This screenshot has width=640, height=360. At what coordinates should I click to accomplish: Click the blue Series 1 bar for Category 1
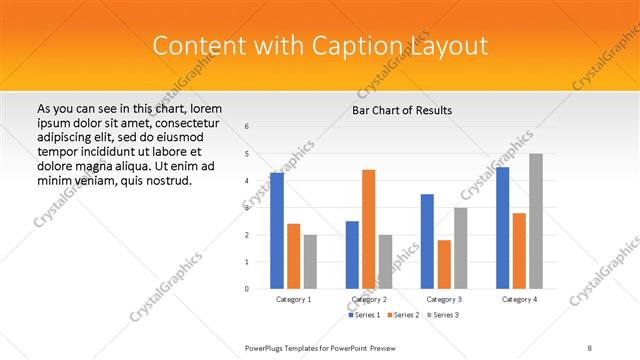tap(277, 231)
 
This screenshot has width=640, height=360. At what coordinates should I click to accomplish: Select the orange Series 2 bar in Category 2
tap(368, 229)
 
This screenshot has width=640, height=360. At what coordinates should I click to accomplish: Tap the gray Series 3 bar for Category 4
tap(536, 221)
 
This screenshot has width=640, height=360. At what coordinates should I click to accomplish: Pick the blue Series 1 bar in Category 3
tap(427, 241)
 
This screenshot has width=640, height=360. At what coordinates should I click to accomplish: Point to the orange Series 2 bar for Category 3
tap(444, 264)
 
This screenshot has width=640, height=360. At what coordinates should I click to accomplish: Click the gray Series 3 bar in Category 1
tap(310, 261)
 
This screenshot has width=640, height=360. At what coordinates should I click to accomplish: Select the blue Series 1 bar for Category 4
tap(503, 228)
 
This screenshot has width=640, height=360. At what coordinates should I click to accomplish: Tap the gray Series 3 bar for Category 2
tap(385, 261)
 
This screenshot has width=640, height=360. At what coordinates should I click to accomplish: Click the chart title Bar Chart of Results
tap(402, 110)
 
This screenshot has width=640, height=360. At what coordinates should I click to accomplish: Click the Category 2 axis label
tap(369, 299)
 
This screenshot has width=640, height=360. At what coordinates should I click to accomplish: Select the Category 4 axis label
tap(519, 299)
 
